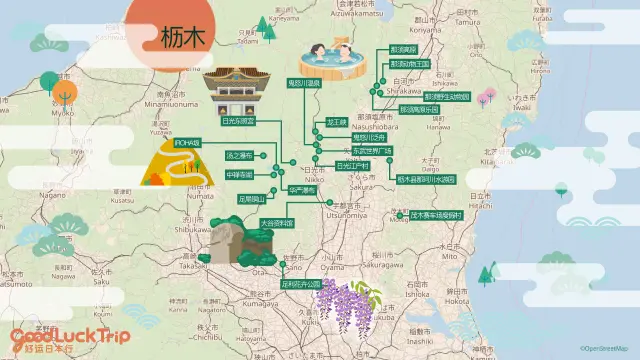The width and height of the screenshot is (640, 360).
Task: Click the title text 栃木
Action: point(183,37)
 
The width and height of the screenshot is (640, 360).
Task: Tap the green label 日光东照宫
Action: point(238,120)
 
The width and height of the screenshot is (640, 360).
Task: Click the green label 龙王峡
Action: point(336,122)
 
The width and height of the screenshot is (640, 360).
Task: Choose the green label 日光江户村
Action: point(353,166)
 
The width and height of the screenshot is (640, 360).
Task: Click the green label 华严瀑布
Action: point(301,189)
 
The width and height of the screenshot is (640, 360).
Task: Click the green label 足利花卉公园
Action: point(304,283)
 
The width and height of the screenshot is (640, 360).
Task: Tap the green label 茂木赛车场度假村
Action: point(436,214)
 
